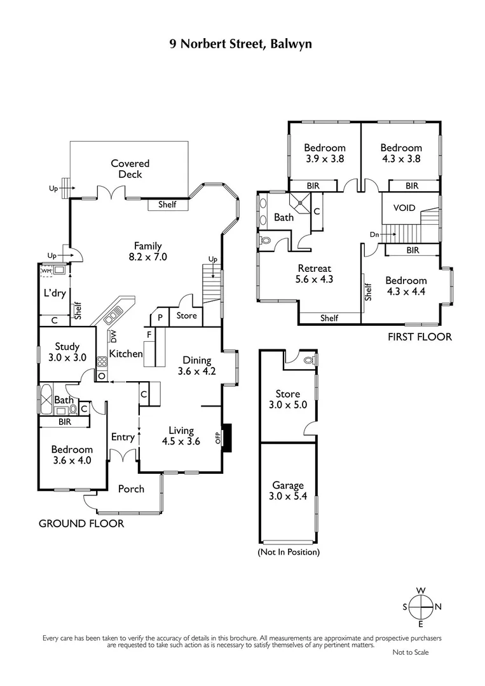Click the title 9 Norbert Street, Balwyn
point(241,44)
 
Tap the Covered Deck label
point(130,169)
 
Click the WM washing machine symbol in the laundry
point(46,271)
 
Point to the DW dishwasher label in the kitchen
point(114,337)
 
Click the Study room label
point(67,347)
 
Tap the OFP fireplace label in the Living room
point(217,438)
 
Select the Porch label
point(131,489)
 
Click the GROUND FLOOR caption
point(81,523)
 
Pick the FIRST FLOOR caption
point(420,337)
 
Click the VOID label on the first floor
point(404,208)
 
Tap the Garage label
point(288,485)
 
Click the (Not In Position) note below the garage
point(289,552)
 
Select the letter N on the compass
point(438,607)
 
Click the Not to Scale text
point(411,652)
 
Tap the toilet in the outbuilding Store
point(310,361)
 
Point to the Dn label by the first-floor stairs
point(374,234)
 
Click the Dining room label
point(197,360)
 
